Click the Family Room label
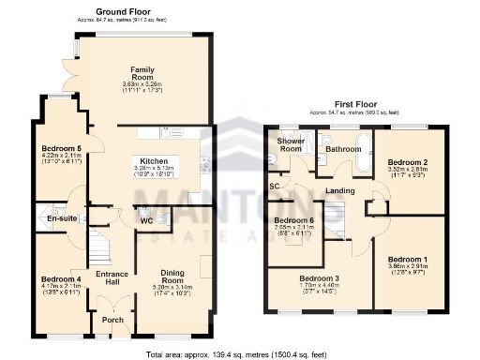point(142,75)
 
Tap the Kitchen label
point(154,161)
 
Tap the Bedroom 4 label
point(61,278)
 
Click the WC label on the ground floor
point(146,222)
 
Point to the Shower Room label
point(290,144)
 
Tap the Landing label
point(339,192)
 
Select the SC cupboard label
point(276,187)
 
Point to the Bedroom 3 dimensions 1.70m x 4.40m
point(320,288)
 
